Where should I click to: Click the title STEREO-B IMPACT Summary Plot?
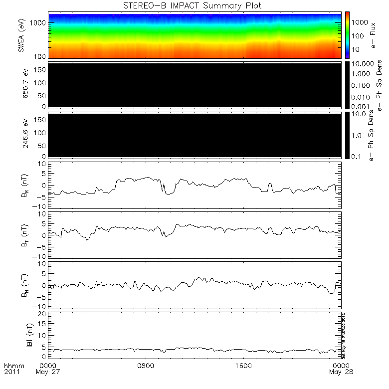(x=192, y=5)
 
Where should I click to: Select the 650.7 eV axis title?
(x=21, y=84)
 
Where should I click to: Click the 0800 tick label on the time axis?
(x=146, y=365)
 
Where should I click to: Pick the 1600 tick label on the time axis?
(x=243, y=365)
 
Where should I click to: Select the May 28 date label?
(x=341, y=372)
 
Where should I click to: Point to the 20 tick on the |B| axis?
(x=43, y=313)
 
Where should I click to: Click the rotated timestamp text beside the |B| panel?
(x=344, y=335)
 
